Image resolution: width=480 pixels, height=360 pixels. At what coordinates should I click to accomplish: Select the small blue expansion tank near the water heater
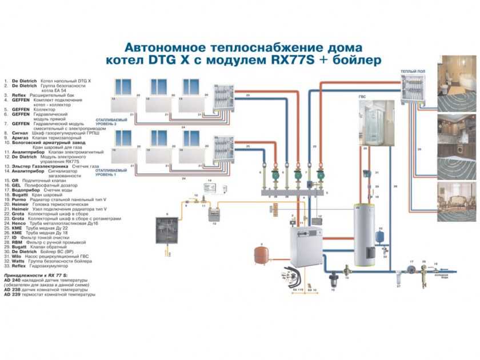point(379,235)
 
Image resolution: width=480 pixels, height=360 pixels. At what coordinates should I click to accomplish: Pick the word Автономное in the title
point(165,47)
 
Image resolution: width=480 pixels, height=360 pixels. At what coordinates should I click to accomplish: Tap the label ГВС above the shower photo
point(362,97)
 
